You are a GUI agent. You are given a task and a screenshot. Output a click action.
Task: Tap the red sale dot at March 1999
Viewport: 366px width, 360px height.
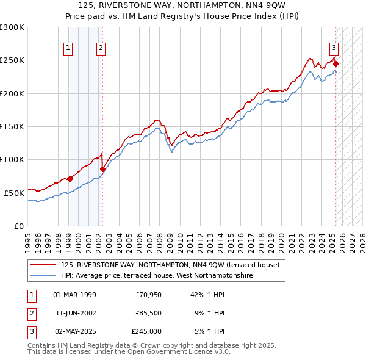(70, 179)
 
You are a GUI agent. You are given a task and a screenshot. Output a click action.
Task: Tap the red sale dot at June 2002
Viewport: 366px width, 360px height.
(102, 169)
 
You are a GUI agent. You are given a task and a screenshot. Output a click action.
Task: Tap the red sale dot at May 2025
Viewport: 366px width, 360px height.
(335, 63)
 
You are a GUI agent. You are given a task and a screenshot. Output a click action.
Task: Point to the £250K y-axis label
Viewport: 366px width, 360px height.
(12, 60)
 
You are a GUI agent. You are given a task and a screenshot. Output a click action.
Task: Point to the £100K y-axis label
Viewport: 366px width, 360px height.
(12, 159)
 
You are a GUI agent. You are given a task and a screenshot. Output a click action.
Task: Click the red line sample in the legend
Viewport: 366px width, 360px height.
(43, 265)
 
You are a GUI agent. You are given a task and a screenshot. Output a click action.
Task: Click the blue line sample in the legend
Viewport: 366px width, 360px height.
(43, 275)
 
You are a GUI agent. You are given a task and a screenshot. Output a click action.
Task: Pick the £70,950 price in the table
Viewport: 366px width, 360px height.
(148, 295)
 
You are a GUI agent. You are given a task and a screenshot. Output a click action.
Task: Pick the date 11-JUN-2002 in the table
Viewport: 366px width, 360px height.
(75, 313)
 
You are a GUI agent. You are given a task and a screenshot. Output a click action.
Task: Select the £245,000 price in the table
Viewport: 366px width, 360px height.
(146, 331)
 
